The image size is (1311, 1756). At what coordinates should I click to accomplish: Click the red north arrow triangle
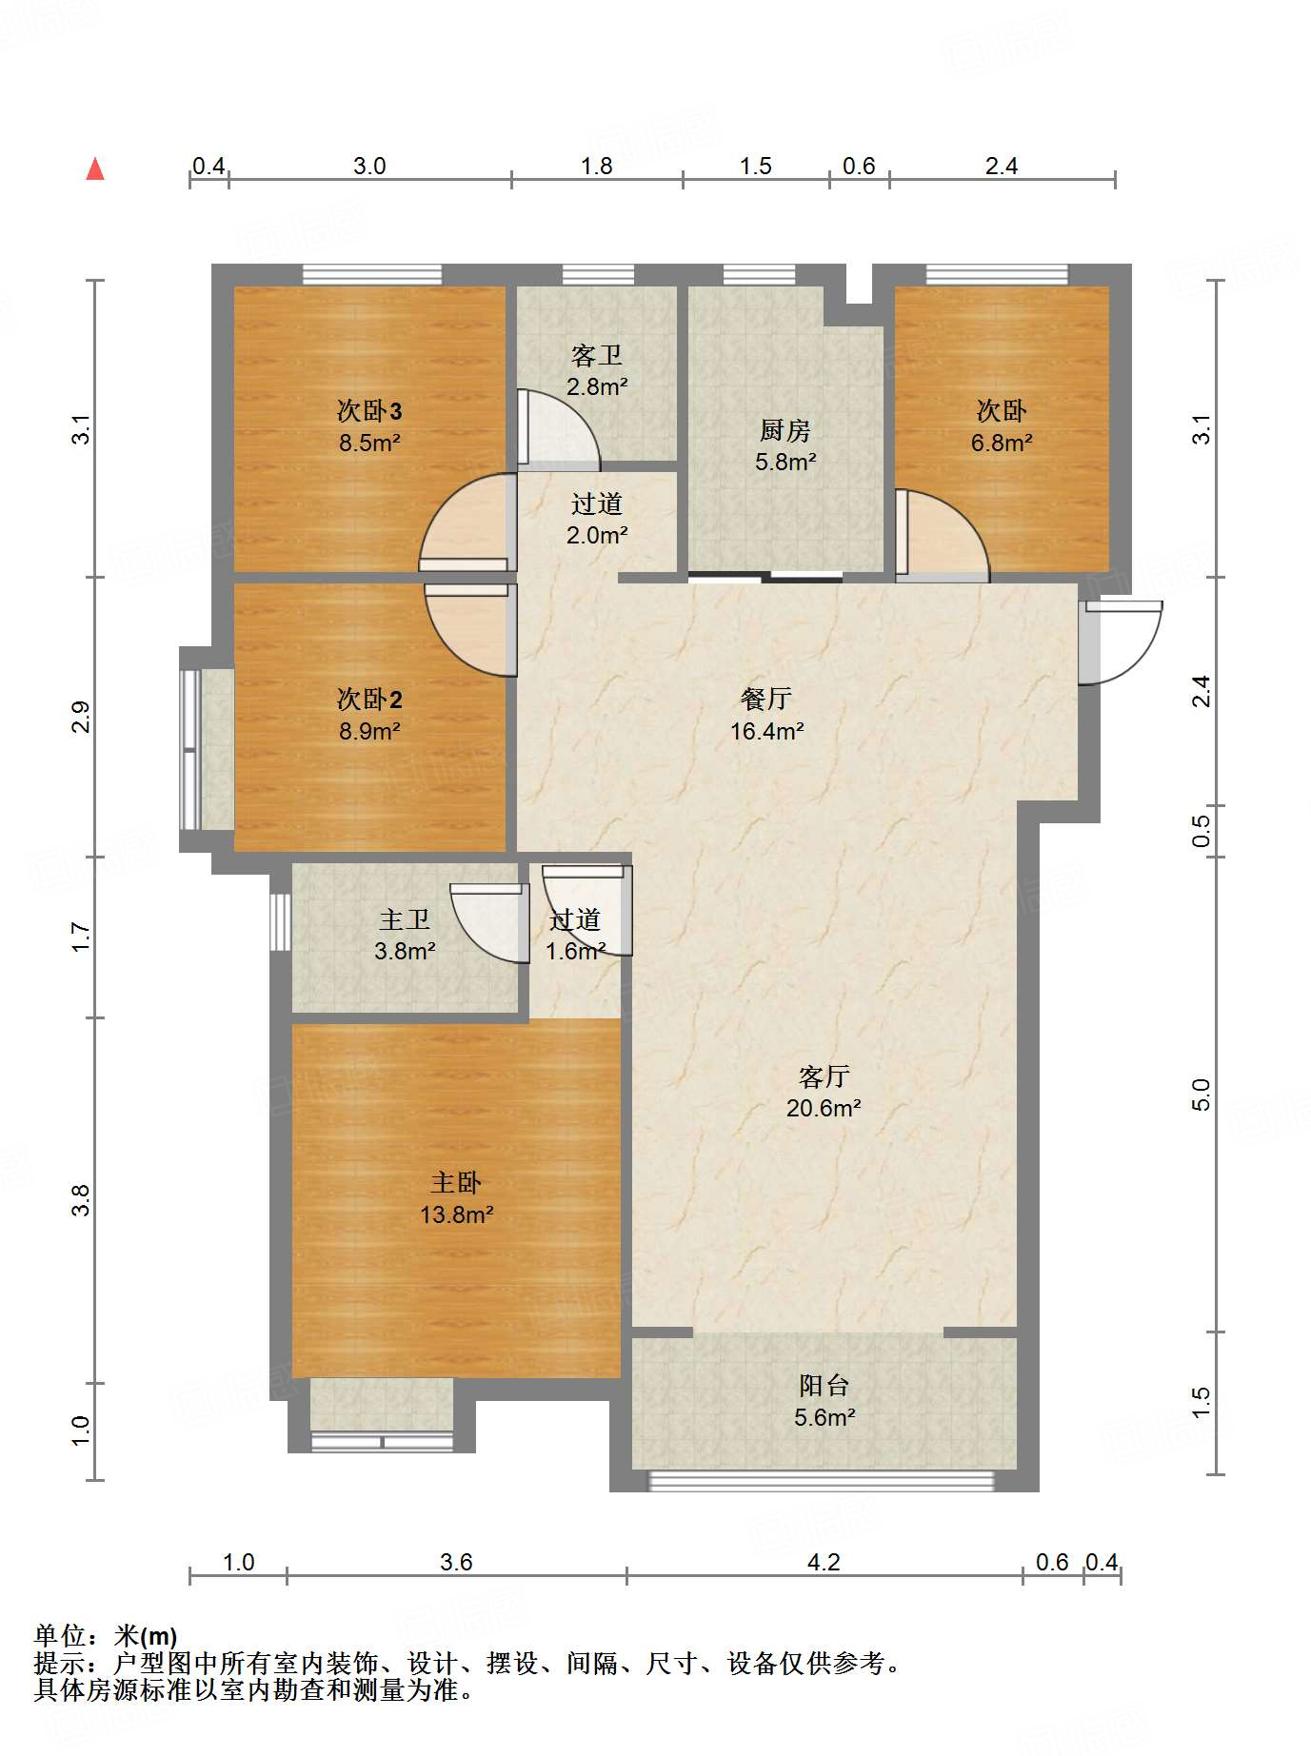[x=95, y=168]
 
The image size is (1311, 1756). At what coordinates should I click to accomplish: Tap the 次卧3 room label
[x=369, y=411]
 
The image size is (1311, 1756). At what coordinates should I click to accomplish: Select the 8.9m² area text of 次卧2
[x=369, y=731]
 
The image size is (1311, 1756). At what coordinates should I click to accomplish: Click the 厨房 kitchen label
[x=785, y=431]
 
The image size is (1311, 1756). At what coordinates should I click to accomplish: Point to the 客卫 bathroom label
[x=597, y=356]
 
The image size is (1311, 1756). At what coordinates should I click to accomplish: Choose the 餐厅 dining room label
[x=766, y=700]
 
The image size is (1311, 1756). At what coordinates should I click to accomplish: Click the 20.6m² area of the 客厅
[x=824, y=1108]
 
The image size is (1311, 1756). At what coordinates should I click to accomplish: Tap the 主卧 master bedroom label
[x=456, y=1183]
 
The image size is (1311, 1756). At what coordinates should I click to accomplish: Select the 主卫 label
[x=405, y=919]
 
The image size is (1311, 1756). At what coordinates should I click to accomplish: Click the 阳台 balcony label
[x=824, y=1386]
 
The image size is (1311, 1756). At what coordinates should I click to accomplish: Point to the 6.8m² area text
[x=1002, y=443]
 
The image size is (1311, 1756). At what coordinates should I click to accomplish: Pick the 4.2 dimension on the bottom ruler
[x=824, y=1562]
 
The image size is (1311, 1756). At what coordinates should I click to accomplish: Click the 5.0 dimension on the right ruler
[x=1201, y=1095]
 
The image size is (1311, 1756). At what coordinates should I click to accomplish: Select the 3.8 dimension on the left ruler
[x=81, y=1199]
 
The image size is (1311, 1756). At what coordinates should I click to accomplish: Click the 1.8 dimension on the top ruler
[x=597, y=166]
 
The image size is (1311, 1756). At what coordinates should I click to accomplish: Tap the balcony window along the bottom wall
[x=821, y=1481]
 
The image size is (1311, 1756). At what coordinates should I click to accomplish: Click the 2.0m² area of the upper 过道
[x=597, y=536]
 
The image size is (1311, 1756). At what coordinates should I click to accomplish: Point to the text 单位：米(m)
[x=105, y=1636]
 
